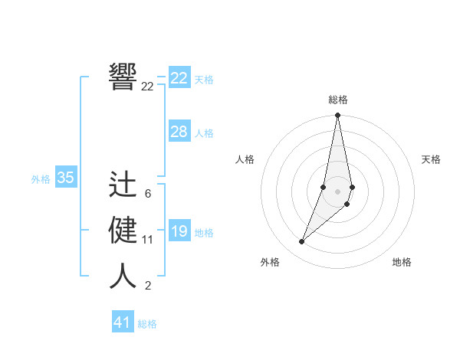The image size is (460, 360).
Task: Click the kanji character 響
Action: pyautogui.click(x=123, y=76)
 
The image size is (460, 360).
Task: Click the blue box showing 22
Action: pyautogui.click(x=179, y=78)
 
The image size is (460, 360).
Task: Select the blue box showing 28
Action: pyautogui.click(x=179, y=132)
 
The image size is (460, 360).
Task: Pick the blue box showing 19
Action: pyautogui.click(x=179, y=231)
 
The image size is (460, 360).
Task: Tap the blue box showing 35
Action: pyautogui.click(x=66, y=178)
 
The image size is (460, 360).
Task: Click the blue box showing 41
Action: pyautogui.click(x=123, y=322)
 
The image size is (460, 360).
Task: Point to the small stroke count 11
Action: pyautogui.click(x=148, y=240)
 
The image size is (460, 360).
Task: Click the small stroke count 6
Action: pyautogui.click(x=148, y=194)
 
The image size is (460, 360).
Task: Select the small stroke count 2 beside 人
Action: pyautogui.click(x=148, y=286)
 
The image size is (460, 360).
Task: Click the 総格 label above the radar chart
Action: pyautogui.click(x=338, y=100)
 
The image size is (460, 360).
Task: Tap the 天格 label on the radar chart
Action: pyautogui.click(x=432, y=159)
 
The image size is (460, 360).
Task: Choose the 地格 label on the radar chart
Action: pyautogui.click(x=402, y=262)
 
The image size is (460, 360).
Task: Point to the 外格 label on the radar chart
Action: pyautogui.click(x=270, y=262)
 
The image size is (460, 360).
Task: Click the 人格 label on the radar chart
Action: pyautogui.click(x=245, y=159)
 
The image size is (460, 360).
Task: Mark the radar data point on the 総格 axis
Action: pyautogui.click(x=337, y=116)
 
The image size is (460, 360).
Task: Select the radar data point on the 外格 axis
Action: pyautogui.click(x=302, y=242)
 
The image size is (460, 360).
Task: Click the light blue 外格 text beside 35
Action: pyautogui.click(x=41, y=179)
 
